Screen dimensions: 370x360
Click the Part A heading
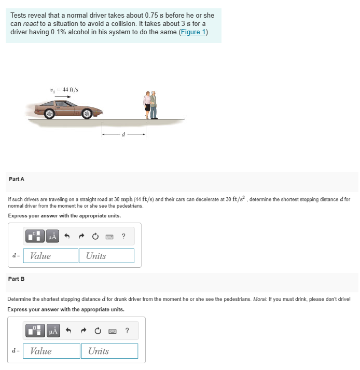17,179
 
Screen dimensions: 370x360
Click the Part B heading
17,279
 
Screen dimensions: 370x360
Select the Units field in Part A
106,256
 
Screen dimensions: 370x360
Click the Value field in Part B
52,351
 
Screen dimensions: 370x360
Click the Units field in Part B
109,351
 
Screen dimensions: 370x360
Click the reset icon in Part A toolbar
95,237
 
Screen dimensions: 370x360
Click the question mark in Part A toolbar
123,237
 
